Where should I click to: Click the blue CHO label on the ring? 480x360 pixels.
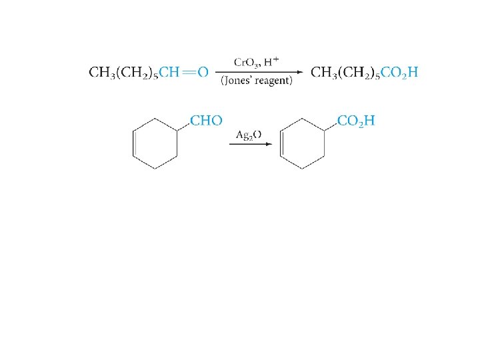pyautogui.click(x=207, y=121)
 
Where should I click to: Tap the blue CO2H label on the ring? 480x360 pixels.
pyautogui.click(x=357, y=121)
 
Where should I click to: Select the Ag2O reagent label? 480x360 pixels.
pyautogui.click(x=249, y=135)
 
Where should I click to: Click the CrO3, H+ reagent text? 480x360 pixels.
pyautogui.click(x=256, y=62)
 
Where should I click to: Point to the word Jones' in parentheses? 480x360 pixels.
pyautogui.click(x=238, y=81)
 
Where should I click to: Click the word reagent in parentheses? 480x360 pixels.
pyautogui.click(x=273, y=81)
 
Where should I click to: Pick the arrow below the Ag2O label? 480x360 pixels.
pyautogui.click(x=249, y=143)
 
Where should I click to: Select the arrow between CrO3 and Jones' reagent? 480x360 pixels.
pyautogui.click(x=260, y=72)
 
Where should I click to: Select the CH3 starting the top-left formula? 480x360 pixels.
pyautogui.click(x=101, y=72)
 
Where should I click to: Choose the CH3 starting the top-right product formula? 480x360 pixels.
pyautogui.click(x=324, y=72)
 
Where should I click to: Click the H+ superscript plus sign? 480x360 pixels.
pyautogui.click(x=275, y=59)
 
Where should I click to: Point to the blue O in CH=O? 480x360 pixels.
pyautogui.click(x=203, y=72)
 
